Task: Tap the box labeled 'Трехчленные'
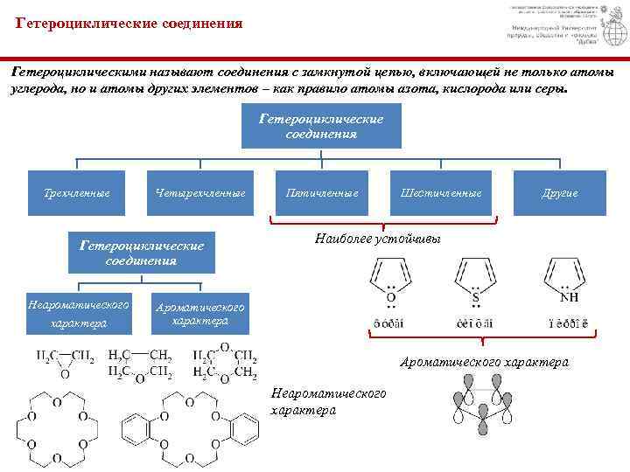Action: (77, 192)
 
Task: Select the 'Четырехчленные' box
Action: (199, 192)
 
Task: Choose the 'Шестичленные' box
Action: (441, 192)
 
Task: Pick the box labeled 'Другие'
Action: (560, 192)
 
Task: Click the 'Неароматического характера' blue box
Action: (78, 314)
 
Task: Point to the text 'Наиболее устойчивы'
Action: (377, 239)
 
